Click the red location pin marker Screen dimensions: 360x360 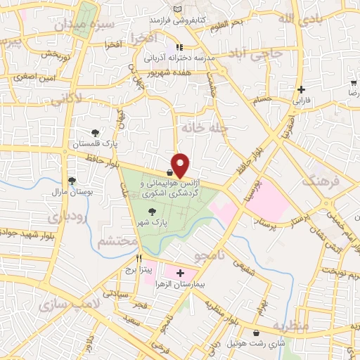coord(181,165)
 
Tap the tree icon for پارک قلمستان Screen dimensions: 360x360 coord(95,133)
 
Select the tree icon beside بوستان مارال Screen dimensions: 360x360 coord(72,181)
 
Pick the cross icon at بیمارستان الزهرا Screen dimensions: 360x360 coord(180,273)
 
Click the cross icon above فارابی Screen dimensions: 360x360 coord(302,89)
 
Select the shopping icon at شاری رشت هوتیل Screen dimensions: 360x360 coord(255,333)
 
